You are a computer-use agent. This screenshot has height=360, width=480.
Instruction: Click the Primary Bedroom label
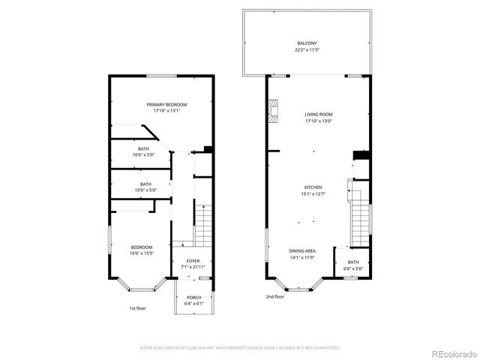click(166, 104)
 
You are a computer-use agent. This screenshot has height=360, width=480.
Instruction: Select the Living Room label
click(319, 115)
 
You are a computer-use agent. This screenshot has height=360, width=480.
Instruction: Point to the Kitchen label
click(313, 187)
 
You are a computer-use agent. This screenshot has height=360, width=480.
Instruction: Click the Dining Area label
click(302, 251)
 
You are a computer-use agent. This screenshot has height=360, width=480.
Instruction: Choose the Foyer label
click(193, 262)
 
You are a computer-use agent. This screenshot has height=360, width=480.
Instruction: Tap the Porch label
click(193, 298)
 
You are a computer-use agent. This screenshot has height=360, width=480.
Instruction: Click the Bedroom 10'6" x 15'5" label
click(142, 247)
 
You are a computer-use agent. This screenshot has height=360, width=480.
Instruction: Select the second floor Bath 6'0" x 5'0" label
click(353, 262)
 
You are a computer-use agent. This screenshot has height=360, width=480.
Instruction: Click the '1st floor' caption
click(137, 308)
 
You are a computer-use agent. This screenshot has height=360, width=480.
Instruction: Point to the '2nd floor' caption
click(274, 296)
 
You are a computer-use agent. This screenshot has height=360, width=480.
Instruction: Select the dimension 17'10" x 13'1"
click(166, 111)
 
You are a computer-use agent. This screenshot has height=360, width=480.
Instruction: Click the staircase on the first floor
click(204, 225)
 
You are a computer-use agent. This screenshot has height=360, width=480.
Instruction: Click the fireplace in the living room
click(274, 111)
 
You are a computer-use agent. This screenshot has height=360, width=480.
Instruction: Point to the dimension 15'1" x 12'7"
click(313, 193)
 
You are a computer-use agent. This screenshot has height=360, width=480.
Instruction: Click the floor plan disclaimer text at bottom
click(240, 347)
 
